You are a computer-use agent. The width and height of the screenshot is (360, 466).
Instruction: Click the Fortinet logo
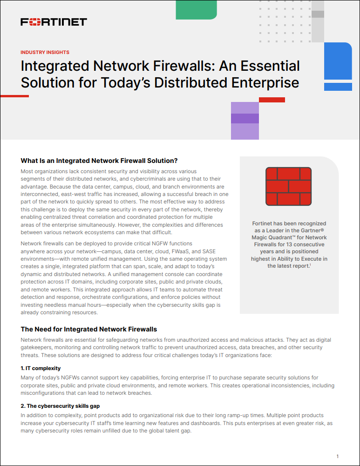54,22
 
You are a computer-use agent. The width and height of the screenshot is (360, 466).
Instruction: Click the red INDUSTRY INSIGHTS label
45,53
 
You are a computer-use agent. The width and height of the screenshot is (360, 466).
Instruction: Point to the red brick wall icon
288,187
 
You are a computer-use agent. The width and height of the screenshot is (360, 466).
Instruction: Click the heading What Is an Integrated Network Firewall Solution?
99,161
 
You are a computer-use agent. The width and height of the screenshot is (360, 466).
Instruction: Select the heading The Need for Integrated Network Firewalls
89,329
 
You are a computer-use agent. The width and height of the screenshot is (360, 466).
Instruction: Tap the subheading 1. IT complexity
41,368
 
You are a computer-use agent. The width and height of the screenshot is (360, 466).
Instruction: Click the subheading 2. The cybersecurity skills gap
60,406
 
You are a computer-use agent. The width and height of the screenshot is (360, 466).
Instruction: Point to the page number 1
338,456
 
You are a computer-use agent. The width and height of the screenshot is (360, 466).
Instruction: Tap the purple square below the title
245,121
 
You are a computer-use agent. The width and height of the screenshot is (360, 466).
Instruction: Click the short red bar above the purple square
272,100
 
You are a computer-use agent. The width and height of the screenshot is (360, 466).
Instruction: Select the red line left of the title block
14,96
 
